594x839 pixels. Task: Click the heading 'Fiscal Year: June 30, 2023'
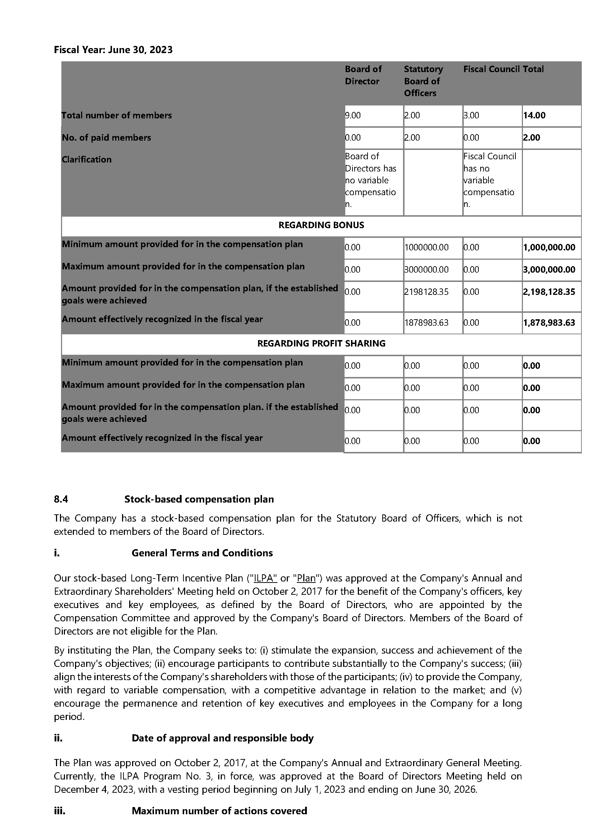(113, 50)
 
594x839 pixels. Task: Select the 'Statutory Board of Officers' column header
(423, 81)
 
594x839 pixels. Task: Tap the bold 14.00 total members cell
(534, 116)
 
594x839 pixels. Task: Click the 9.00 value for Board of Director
(353, 116)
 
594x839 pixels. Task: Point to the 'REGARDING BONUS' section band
(321, 225)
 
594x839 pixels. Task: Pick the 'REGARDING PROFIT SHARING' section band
(321, 344)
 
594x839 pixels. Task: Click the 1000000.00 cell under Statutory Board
(426, 248)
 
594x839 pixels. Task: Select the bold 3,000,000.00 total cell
(549, 270)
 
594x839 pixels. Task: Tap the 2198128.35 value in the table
(426, 292)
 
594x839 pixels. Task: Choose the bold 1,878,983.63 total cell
(549, 323)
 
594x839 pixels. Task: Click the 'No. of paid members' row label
(106, 138)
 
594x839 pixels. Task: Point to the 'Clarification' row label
(86, 160)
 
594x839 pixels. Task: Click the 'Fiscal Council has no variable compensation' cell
(489, 180)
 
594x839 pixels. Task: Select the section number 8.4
(61, 499)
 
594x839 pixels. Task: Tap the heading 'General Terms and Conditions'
(202, 553)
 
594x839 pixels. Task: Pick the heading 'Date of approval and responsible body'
(223, 738)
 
